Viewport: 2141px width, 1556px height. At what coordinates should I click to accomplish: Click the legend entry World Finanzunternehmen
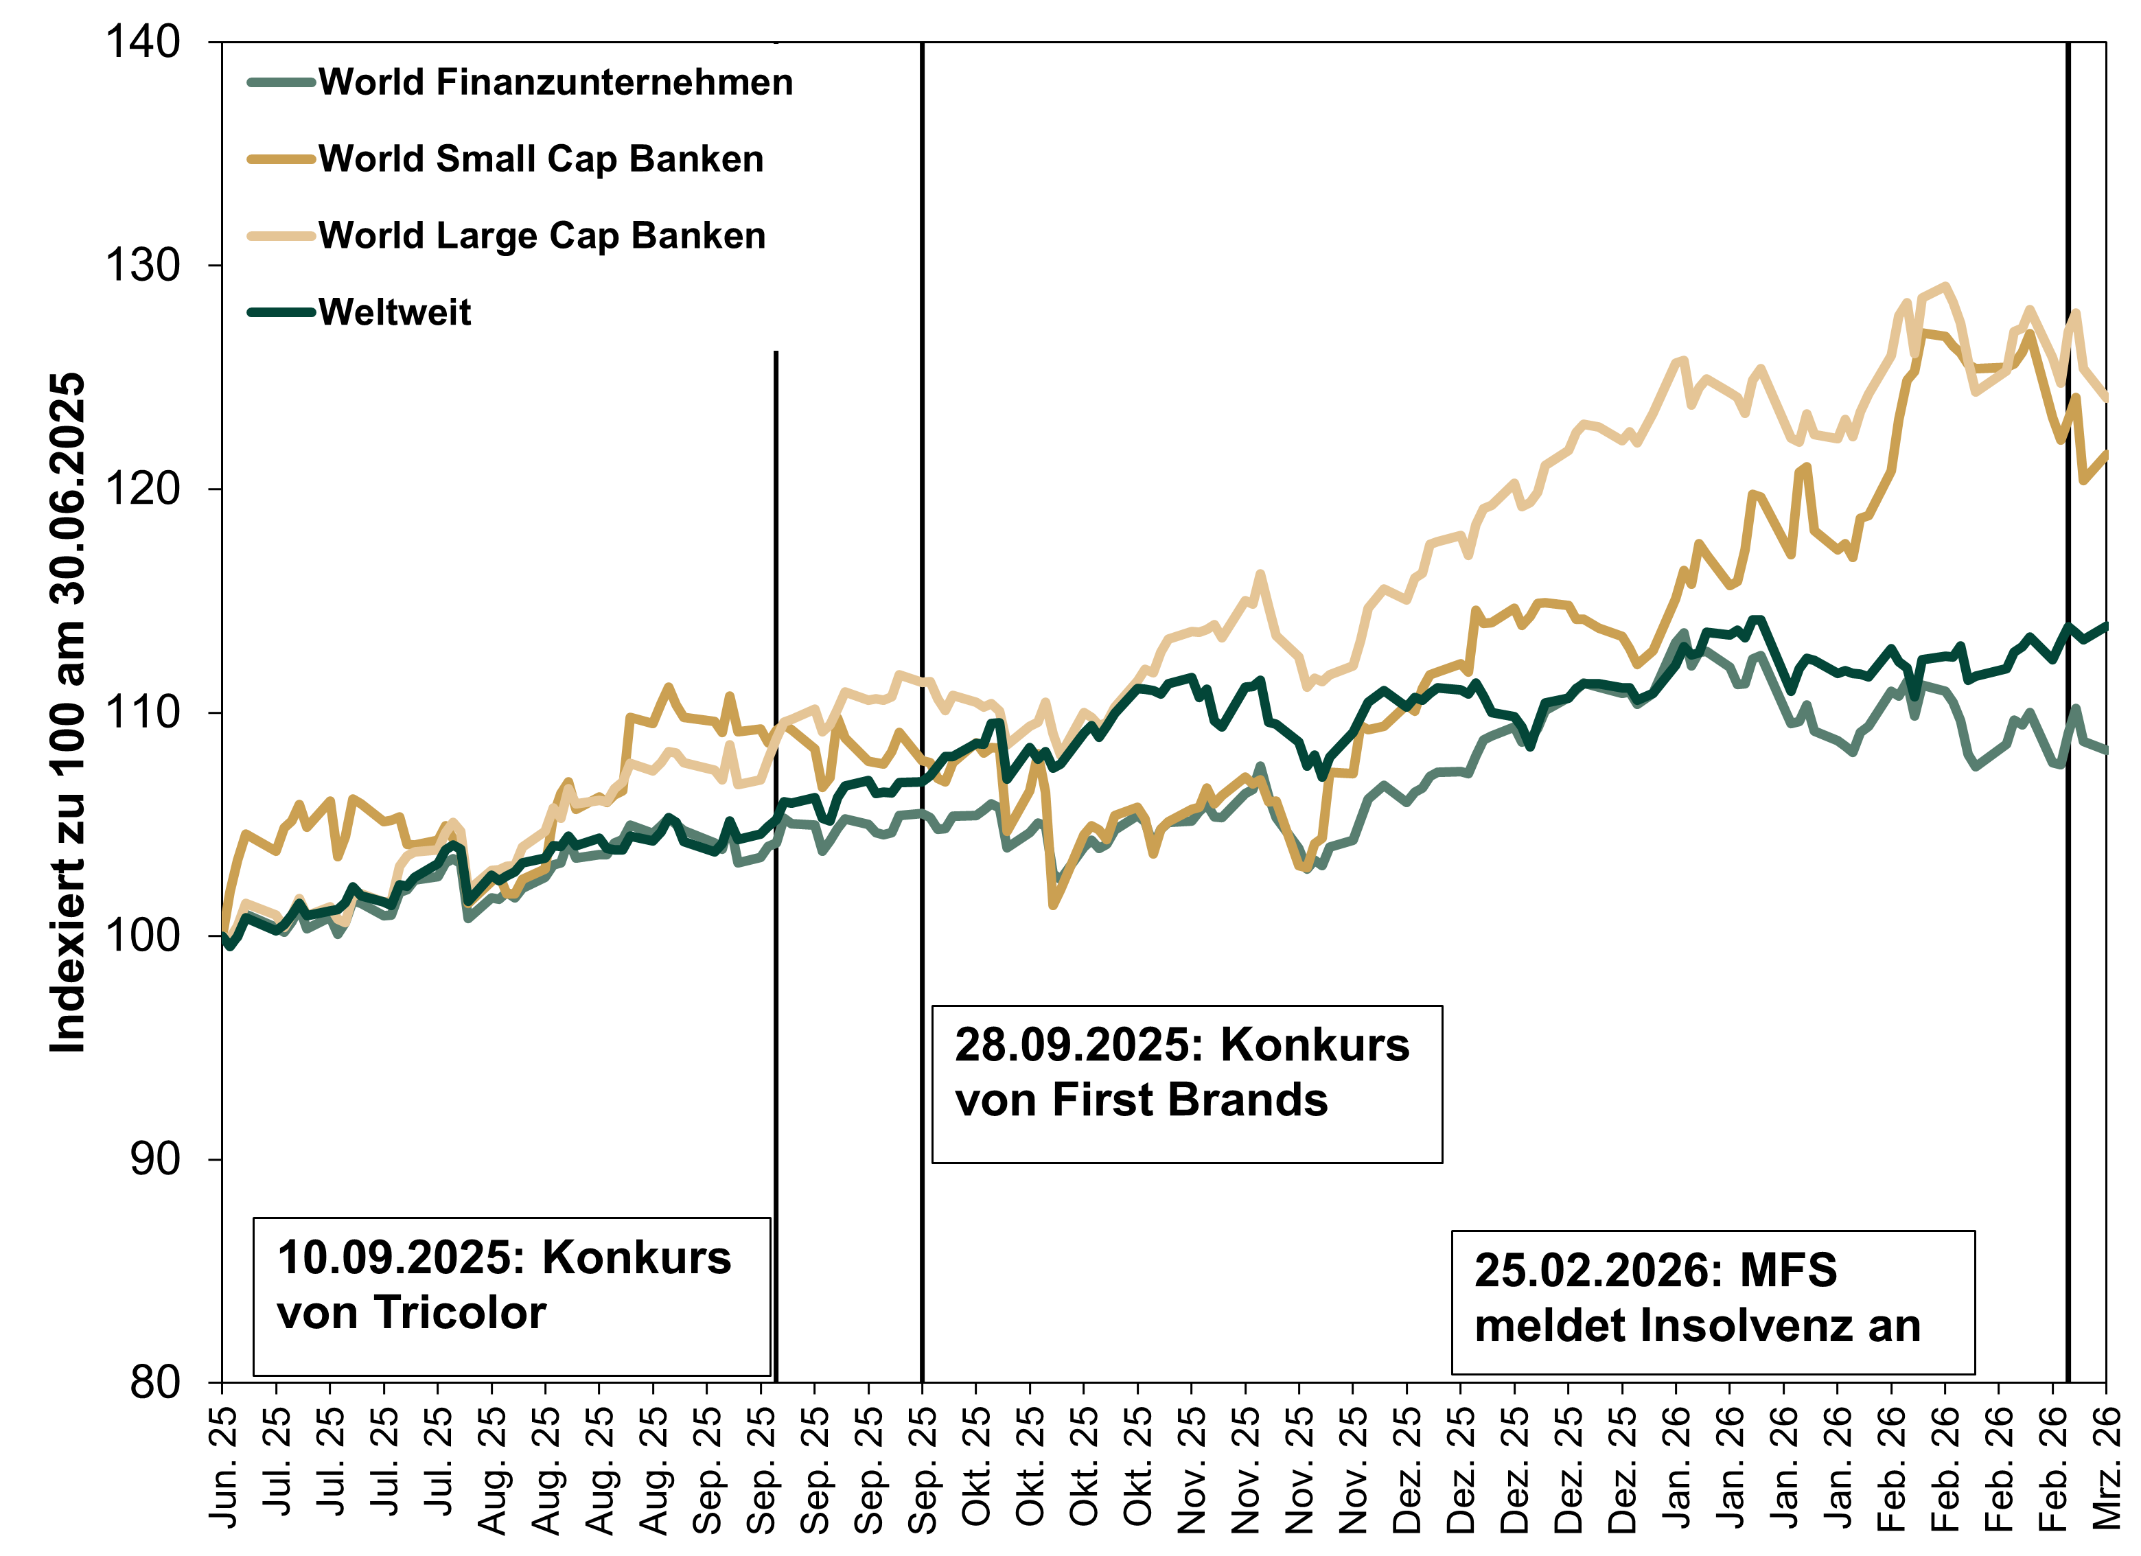[555, 83]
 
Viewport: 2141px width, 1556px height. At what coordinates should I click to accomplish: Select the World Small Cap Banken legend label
[540, 159]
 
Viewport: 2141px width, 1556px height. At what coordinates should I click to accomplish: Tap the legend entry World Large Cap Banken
[541, 236]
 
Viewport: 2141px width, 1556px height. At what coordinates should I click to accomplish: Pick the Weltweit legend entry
[395, 312]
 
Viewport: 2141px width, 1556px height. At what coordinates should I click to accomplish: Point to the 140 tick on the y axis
[143, 43]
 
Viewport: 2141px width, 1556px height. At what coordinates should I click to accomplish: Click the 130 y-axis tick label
[143, 266]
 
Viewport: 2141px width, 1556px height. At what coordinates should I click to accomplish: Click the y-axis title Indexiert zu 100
[68, 713]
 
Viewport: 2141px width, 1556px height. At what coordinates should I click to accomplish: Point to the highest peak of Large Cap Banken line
[1945, 286]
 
